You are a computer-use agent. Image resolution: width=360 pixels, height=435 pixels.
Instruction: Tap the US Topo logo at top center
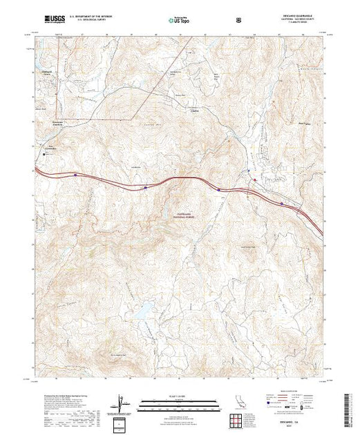(180, 14)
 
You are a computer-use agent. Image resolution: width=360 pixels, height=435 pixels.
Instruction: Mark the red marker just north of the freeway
(254, 180)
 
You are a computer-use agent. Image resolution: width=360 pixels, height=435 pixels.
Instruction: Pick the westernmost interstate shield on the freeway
(75, 175)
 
